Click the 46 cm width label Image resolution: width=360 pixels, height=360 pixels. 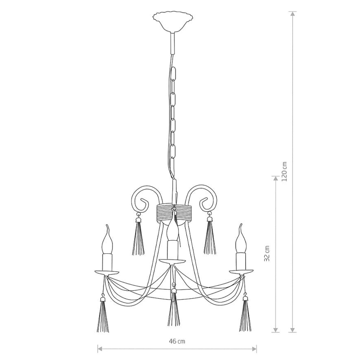pyautogui.click(x=177, y=342)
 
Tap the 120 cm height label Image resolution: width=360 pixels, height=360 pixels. pyautogui.click(x=284, y=171)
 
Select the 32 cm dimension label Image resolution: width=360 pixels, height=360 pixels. pyautogui.click(x=266, y=253)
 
